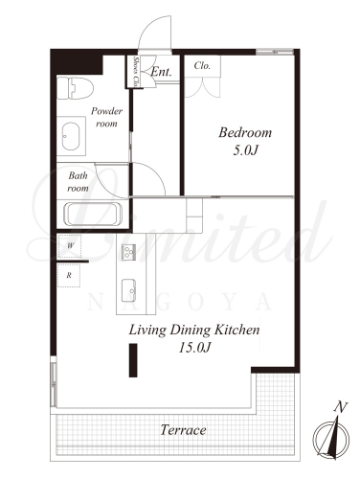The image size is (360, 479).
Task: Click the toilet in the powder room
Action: tap(75, 88)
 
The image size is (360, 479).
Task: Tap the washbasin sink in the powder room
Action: tap(71, 136)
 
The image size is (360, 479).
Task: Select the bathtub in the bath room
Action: tap(93, 215)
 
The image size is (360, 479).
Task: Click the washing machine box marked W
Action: tap(70, 246)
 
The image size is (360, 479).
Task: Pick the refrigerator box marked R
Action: tap(69, 275)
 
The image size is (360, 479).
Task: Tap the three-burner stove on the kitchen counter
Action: tap(128, 252)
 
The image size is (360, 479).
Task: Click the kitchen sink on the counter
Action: tap(129, 289)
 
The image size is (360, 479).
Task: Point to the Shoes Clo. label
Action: tap(136, 72)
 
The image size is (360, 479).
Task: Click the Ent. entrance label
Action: tap(161, 72)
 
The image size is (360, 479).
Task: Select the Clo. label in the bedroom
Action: tap(202, 66)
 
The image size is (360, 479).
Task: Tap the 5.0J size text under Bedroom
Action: tap(245, 150)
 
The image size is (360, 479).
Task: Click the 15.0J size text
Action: tap(194, 348)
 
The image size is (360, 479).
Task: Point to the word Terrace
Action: tap(183, 430)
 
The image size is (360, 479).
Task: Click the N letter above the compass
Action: tap(341, 407)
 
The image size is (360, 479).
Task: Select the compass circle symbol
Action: tap(331, 440)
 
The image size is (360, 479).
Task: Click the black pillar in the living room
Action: tap(133, 360)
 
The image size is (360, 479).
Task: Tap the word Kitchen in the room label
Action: tap(236, 330)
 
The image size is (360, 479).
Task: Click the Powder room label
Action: tap(106, 117)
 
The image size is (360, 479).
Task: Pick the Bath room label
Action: tap(78, 182)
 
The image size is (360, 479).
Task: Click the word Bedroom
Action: tap(245, 132)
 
